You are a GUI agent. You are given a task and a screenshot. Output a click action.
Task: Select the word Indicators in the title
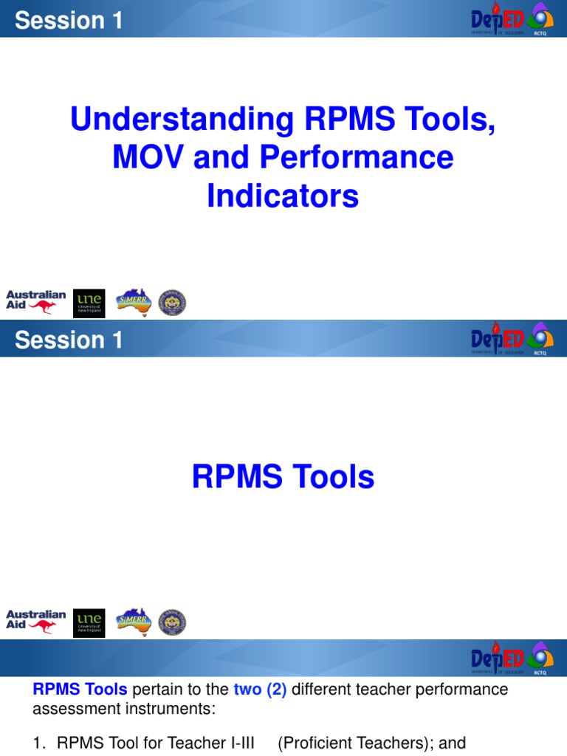click(x=283, y=196)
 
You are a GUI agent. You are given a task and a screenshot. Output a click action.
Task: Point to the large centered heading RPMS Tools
click(x=283, y=478)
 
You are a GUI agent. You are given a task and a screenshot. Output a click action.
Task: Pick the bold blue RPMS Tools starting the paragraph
click(x=80, y=690)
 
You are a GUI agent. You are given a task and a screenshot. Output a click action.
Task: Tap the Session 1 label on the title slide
click(x=69, y=21)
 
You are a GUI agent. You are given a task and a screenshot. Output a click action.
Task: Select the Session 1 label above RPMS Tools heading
click(x=69, y=340)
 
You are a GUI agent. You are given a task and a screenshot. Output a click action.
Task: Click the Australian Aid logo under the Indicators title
click(x=35, y=302)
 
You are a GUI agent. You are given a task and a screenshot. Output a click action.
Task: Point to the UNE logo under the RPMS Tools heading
click(x=89, y=622)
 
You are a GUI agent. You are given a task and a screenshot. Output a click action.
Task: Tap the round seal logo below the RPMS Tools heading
click(x=173, y=622)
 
